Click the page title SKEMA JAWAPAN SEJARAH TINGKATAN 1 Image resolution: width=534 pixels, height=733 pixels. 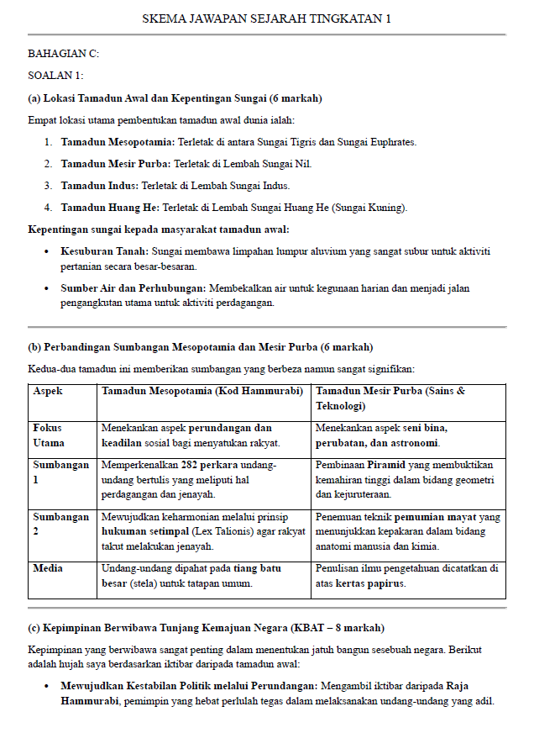pos(266,18)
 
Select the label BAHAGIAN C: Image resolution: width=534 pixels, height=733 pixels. pos(63,54)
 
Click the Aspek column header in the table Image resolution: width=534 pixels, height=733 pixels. pos(48,392)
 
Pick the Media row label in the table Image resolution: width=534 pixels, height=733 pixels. pos(48,569)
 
